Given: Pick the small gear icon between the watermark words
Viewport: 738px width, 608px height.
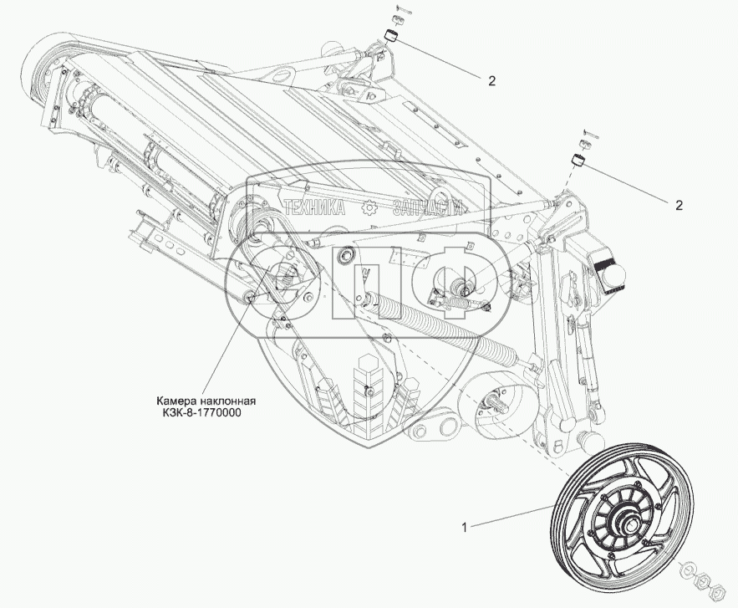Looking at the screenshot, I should (x=369, y=208).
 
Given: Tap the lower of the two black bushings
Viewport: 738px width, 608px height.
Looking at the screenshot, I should (x=576, y=161).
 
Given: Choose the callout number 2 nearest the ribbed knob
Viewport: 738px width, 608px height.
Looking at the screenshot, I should (x=679, y=205).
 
